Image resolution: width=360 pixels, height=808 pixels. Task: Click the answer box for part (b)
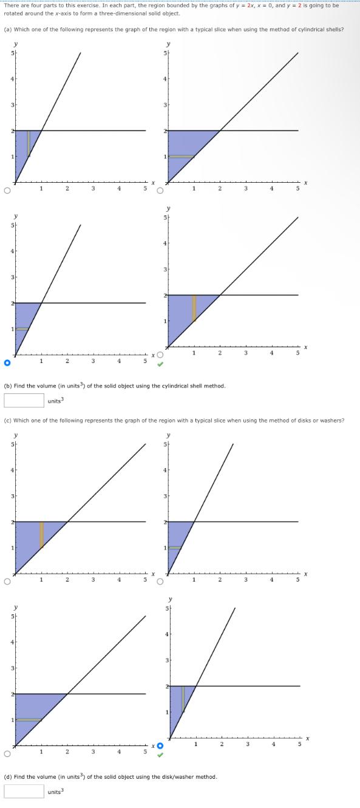tap(24, 400)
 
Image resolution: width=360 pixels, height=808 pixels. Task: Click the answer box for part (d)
tap(24, 791)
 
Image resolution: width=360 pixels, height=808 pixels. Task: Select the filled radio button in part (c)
tap(160, 745)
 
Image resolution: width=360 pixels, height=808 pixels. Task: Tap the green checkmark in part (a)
tap(160, 365)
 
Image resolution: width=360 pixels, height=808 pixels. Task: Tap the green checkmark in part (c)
tap(160, 756)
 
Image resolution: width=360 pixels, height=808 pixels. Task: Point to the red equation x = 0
tap(275, 5)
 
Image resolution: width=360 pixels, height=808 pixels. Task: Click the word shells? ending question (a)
tap(335, 29)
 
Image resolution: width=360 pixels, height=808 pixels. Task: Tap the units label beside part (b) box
tap(56, 401)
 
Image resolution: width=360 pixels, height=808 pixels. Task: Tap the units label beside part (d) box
tap(56, 792)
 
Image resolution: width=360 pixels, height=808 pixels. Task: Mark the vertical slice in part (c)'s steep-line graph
tap(183, 698)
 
